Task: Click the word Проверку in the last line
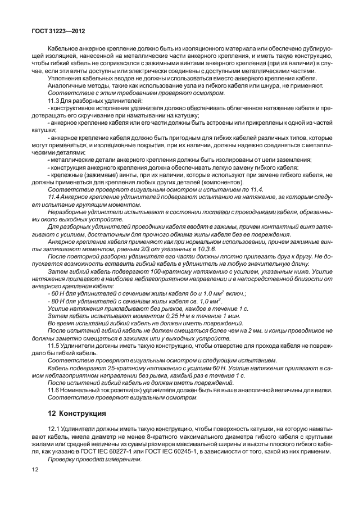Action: pyautogui.click(x=62, y=458)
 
